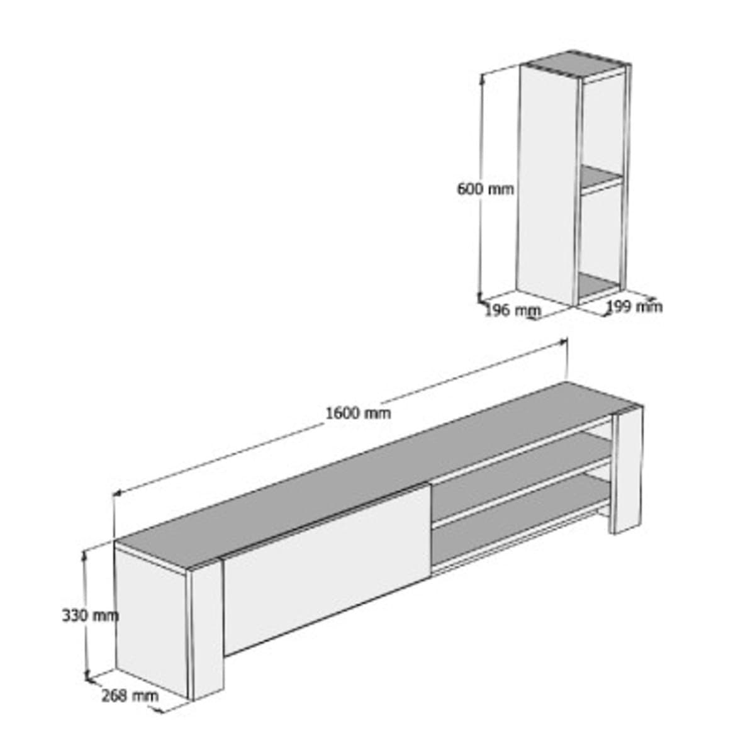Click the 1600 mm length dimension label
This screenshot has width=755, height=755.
(358, 413)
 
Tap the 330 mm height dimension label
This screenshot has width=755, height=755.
(90, 615)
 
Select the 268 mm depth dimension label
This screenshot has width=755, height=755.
(130, 695)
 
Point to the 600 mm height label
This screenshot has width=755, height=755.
(485, 188)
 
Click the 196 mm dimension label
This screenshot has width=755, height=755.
(512, 310)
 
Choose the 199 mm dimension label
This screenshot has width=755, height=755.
(634, 306)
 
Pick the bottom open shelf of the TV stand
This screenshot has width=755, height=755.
(522, 528)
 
